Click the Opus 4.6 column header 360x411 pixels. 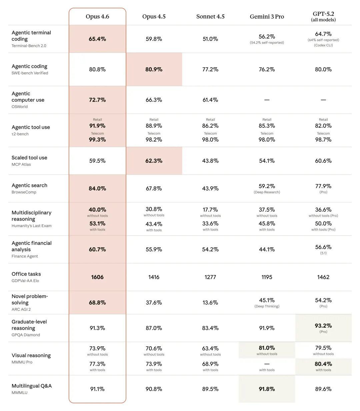(x=97, y=16)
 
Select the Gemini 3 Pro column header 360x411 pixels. (x=267, y=16)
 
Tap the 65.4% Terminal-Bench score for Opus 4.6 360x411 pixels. (x=97, y=39)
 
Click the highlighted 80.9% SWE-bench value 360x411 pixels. (x=154, y=69)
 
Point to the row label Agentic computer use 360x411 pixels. (x=28, y=97)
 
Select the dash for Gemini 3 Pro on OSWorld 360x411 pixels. (x=267, y=100)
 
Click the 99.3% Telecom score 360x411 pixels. (x=97, y=140)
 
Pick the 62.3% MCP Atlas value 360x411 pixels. (x=154, y=161)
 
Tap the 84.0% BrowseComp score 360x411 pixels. (x=97, y=188)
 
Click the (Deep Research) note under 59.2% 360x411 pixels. (x=267, y=192)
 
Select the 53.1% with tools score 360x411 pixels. (x=97, y=224)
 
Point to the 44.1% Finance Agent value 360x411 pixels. (x=267, y=249)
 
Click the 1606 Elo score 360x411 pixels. (x=97, y=277)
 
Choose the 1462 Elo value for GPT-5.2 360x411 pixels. (x=323, y=277)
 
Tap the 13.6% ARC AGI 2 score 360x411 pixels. (x=210, y=303)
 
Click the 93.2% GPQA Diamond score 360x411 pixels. (x=323, y=326)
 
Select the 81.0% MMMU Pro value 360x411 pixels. (x=267, y=348)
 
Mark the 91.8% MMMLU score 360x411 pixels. (x=267, y=389)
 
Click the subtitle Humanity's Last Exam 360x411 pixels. (x=31, y=226)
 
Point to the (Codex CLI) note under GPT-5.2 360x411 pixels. (x=323, y=45)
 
